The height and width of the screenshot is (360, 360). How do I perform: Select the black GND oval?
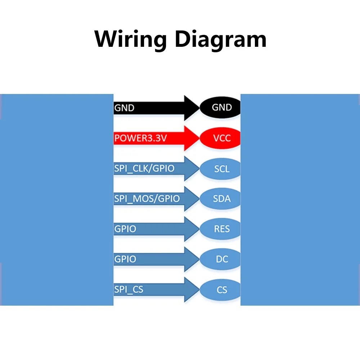pos(220,107)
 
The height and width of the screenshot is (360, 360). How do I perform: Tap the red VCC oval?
pos(220,138)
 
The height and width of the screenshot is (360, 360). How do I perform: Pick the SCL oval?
pos(220,169)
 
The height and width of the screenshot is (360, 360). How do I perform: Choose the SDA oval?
pos(220,199)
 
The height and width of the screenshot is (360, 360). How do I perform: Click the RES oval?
pos(220,229)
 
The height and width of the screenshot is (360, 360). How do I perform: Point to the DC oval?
pos(220,259)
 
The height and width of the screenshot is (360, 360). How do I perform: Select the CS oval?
pos(220,290)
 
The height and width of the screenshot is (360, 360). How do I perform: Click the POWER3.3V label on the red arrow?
pos(140,138)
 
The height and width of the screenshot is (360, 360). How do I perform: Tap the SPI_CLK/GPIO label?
pos(144,168)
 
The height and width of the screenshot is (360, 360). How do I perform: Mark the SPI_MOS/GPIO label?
pos(147,199)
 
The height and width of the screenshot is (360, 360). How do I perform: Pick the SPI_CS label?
pos(129,289)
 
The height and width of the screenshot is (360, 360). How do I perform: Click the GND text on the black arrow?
pos(124,108)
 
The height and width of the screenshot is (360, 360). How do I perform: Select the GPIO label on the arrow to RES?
pos(125,229)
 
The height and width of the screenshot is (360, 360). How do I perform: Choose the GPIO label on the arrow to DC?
pos(125,259)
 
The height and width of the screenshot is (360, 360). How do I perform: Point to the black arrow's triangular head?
pos(192,108)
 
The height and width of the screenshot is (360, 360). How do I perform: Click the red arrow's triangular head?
pos(192,138)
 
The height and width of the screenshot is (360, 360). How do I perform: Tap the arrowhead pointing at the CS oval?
pos(192,290)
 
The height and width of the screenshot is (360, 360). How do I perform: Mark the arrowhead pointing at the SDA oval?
pos(192,199)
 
